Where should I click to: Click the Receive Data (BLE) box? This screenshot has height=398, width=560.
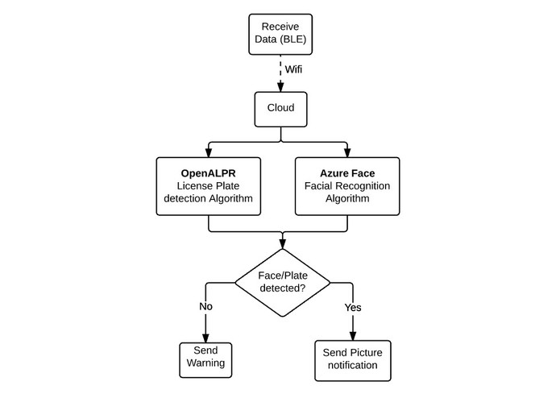[x=280, y=34]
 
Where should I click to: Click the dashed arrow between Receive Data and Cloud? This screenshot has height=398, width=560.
[x=280, y=71]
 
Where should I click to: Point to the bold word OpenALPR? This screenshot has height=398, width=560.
[x=209, y=173]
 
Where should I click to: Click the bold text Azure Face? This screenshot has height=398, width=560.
[x=347, y=173]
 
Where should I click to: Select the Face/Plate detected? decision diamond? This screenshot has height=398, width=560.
[x=281, y=282]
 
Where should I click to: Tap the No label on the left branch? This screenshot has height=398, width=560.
[x=205, y=306]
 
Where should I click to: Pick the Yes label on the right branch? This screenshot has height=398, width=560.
[x=354, y=306]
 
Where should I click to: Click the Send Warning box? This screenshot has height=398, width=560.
[x=205, y=357]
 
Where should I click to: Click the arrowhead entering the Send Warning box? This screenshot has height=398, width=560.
[x=205, y=338]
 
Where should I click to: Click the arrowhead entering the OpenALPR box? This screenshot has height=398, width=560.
[x=209, y=153]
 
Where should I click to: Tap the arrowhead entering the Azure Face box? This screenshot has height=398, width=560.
[x=347, y=153]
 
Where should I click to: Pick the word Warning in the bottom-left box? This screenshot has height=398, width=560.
[x=205, y=363]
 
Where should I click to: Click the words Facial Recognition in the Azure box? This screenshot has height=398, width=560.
[x=347, y=186]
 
